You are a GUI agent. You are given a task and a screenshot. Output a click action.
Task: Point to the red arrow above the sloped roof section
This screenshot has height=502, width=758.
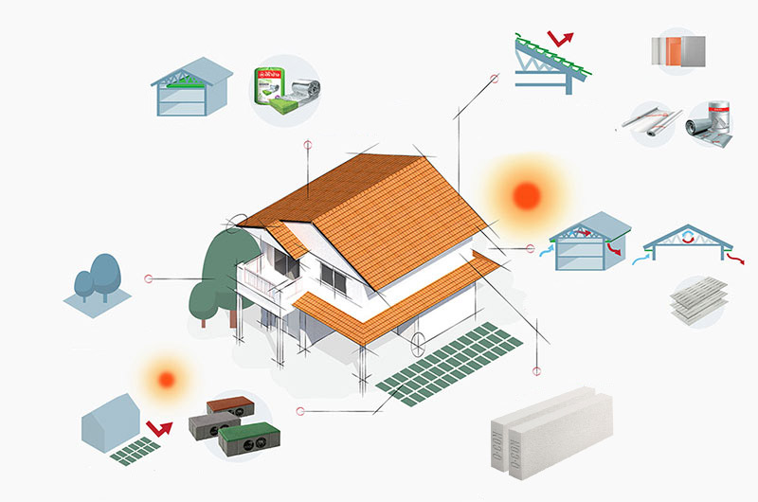[x=564, y=40]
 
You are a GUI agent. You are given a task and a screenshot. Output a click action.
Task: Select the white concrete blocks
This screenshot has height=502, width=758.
[x=550, y=436]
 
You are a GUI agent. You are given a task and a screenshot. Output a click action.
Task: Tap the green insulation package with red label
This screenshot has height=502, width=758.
[x=272, y=91]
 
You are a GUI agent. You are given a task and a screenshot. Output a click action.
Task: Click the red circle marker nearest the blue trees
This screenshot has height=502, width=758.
[x=148, y=278]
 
